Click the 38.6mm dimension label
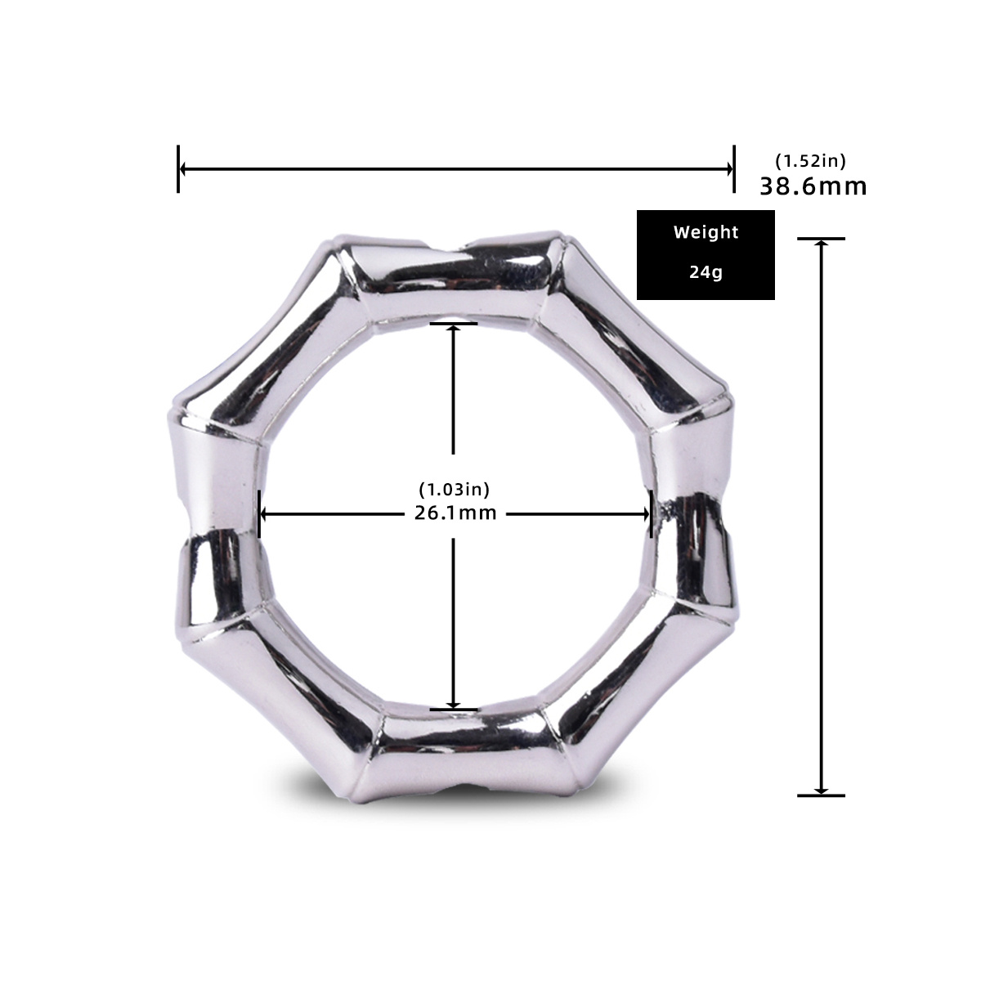pyautogui.click(x=813, y=186)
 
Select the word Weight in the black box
pyautogui.click(x=706, y=232)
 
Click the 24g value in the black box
pyautogui.click(x=706, y=272)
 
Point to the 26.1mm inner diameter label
pyautogui.click(x=454, y=513)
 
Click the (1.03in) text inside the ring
pyautogui.click(x=454, y=490)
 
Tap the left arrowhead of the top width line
pyautogui.click(x=184, y=169)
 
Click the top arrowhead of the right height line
pyautogui.click(x=821, y=244)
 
